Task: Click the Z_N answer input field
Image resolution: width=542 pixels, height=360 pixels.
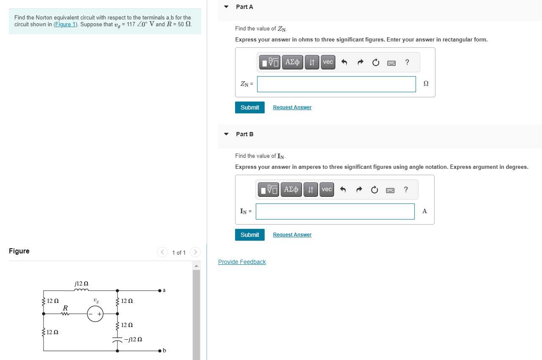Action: (x=336, y=84)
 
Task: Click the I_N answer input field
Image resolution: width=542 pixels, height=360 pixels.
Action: (x=335, y=212)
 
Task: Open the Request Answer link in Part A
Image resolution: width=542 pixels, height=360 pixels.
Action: (x=292, y=107)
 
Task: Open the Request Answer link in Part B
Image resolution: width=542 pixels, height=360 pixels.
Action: (x=292, y=235)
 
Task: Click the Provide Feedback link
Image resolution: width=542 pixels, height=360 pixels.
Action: (x=242, y=262)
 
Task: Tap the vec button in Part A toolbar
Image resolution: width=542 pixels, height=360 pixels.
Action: (x=328, y=62)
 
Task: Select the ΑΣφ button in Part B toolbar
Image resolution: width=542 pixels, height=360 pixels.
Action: (x=291, y=190)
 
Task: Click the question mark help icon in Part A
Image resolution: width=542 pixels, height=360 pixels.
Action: (x=407, y=62)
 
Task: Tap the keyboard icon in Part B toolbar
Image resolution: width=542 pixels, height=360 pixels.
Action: (x=390, y=190)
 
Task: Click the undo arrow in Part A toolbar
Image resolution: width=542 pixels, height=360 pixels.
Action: (x=344, y=63)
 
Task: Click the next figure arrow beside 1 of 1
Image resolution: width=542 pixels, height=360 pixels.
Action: (x=195, y=253)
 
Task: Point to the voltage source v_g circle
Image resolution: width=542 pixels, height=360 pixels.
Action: (x=95, y=314)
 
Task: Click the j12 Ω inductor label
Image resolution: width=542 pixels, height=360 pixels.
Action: (x=81, y=283)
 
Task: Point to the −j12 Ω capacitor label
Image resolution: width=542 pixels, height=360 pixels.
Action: (x=133, y=339)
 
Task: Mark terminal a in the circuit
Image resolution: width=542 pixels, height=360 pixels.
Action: (x=160, y=291)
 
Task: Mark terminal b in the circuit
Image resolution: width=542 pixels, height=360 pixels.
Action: (x=160, y=351)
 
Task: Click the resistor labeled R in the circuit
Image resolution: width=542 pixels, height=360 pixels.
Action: (x=65, y=313)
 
